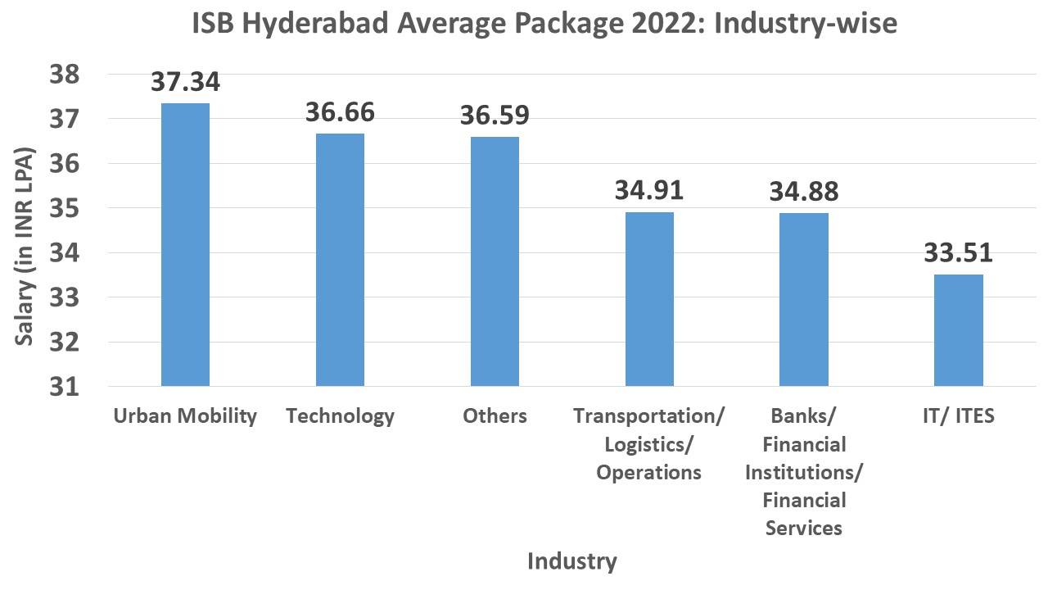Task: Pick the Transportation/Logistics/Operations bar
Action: pyautogui.click(x=649, y=298)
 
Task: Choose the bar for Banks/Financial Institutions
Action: pyautogui.click(x=804, y=299)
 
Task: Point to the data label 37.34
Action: pyautogui.click(x=185, y=82)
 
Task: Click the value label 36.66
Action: pyautogui.click(x=340, y=112)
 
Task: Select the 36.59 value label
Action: pyautogui.click(x=495, y=115)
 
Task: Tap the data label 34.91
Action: pyautogui.click(x=649, y=190)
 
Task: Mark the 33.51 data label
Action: pyautogui.click(x=959, y=252)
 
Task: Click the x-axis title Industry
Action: pyautogui.click(x=571, y=561)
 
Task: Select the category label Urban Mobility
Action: pyautogui.click(x=185, y=416)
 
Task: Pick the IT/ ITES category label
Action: pyautogui.click(x=959, y=416)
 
